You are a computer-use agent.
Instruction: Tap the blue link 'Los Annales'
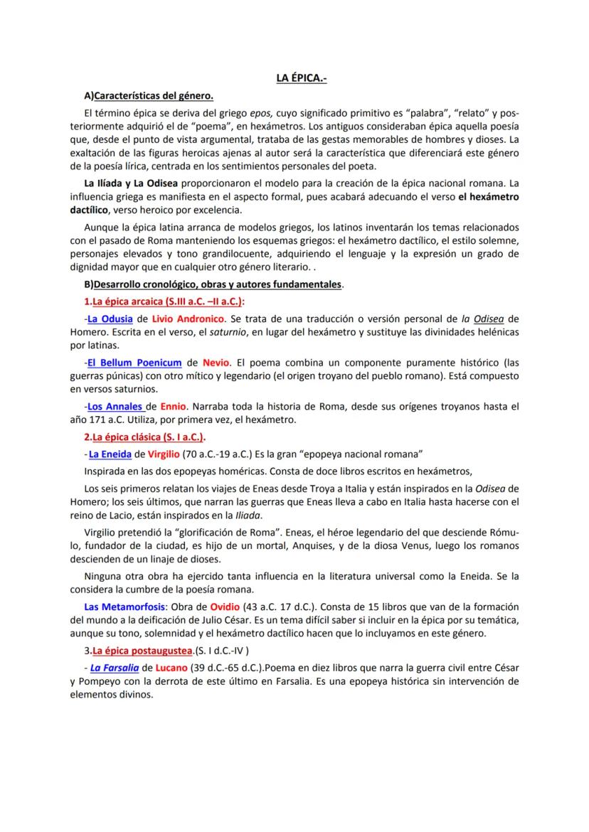point(115,406)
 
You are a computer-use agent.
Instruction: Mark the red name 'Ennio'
point(173,406)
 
